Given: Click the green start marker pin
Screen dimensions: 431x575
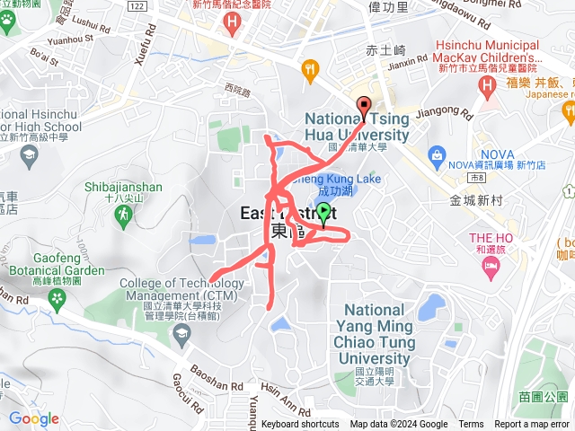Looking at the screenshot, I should (324, 214).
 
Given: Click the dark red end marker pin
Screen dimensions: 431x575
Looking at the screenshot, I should (364, 106).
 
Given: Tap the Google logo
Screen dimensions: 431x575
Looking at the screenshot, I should (34, 418).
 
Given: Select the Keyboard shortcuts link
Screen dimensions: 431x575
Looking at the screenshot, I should (300, 425).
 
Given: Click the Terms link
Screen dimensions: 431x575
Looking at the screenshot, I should (471, 425).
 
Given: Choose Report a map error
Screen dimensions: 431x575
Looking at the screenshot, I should (532, 425).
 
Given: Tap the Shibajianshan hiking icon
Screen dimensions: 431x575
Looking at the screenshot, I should (123, 215).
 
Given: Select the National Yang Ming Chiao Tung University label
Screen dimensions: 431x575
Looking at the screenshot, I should (380, 328).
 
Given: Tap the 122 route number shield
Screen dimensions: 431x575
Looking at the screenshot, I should (136, 5).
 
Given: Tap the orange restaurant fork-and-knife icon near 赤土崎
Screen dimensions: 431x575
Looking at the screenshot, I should (311, 66).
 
